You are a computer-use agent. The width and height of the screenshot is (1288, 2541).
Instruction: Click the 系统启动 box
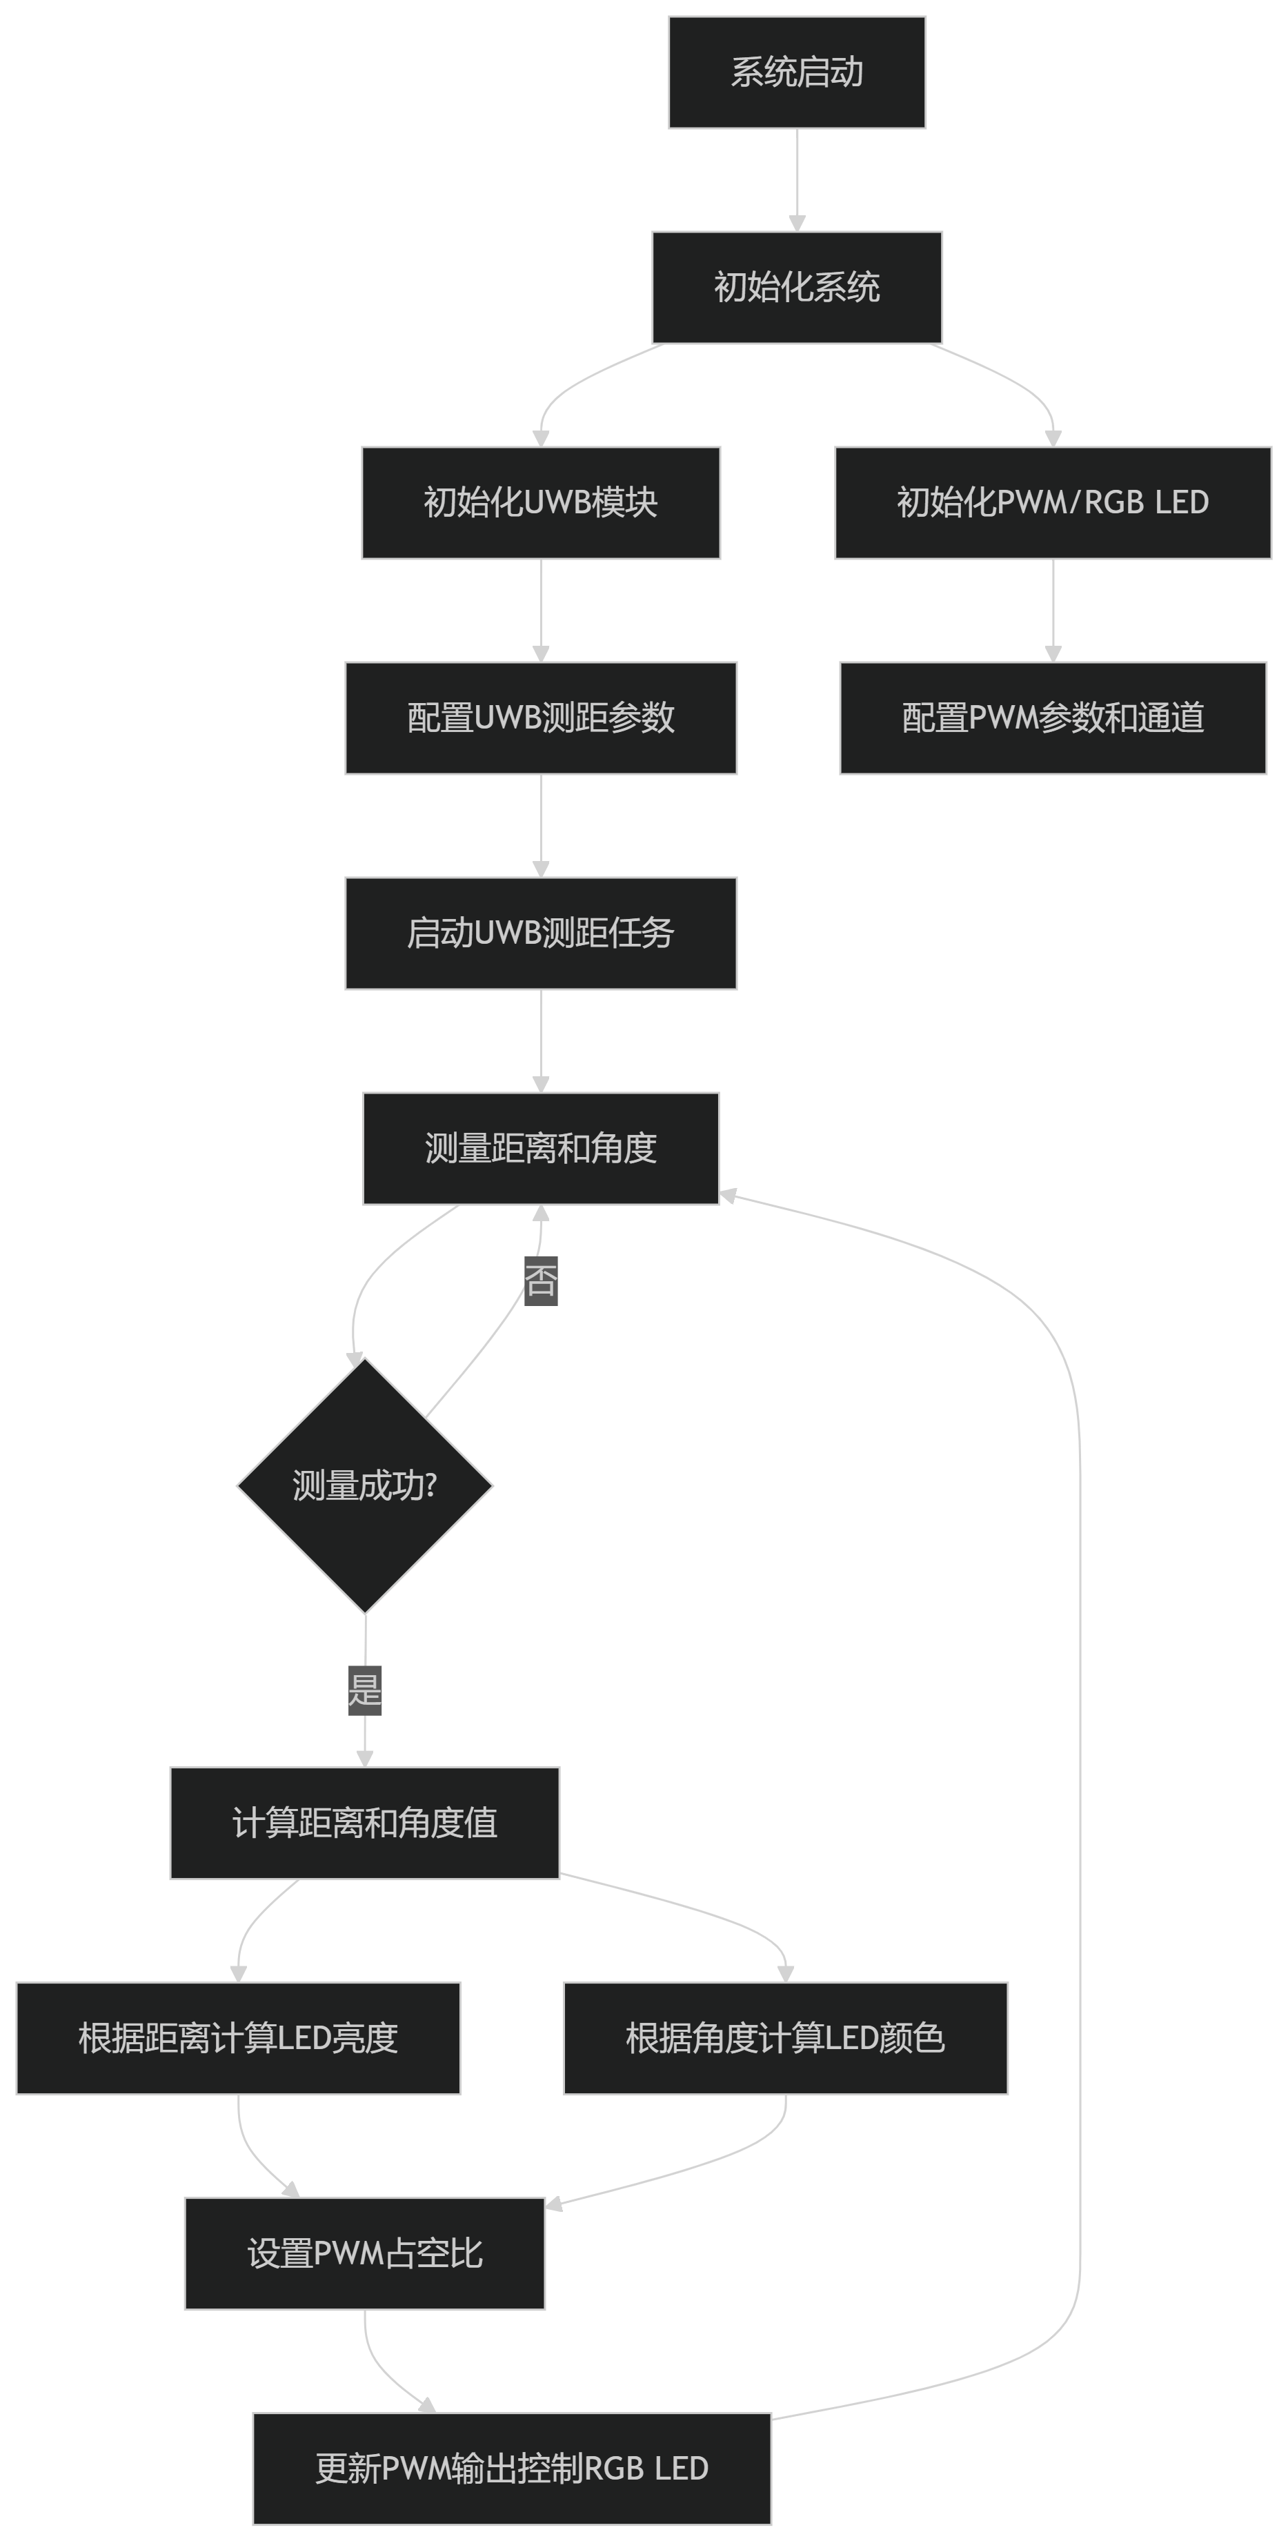[797, 72]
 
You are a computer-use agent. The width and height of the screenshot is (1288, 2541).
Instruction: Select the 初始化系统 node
[797, 287]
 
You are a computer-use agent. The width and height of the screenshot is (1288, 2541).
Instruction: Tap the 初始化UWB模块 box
[540, 503]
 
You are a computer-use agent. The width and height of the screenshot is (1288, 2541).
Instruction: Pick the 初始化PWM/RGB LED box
[1052, 503]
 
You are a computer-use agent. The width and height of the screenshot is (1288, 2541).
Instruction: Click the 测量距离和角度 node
[540, 1148]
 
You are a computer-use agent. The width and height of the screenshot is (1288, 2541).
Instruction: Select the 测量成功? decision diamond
[365, 1485]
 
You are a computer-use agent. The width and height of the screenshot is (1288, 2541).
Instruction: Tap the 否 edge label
[540, 1281]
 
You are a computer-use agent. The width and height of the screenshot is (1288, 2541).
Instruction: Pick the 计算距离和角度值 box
[365, 1823]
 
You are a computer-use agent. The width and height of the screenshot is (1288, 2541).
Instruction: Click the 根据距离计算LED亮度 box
[238, 2038]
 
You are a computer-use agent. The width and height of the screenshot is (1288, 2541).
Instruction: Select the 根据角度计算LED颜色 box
[785, 2038]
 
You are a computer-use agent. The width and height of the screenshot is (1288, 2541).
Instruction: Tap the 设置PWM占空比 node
[365, 2253]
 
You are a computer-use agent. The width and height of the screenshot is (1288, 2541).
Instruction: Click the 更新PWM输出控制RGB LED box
[512, 2468]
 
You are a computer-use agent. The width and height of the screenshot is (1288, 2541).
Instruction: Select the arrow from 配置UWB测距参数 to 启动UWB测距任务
[540, 824]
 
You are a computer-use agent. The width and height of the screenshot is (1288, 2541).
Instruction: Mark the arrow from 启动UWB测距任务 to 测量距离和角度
[540, 1040]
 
